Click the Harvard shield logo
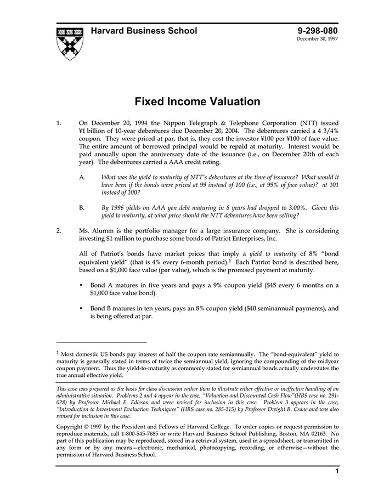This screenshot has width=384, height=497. [70, 43]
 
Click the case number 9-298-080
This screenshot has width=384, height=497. [318, 31]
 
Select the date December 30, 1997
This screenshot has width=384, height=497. [318, 39]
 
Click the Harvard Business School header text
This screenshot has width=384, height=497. [144, 31]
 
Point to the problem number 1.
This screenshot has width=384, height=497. [59, 123]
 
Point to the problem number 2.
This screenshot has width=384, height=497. [59, 231]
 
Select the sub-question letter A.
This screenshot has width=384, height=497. [82, 177]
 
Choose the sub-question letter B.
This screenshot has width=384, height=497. [82, 208]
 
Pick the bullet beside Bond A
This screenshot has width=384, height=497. [81, 285]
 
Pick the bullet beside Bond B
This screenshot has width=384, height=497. [81, 309]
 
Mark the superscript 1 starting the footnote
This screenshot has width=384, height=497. [58, 353]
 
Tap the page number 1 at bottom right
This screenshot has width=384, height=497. [337, 471]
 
